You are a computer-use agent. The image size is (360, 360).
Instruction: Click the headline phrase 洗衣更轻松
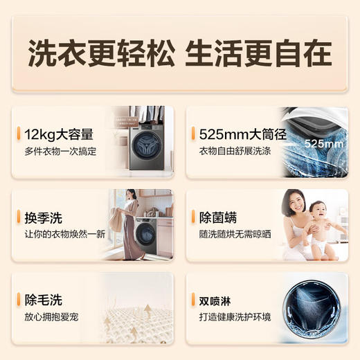click(99, 54)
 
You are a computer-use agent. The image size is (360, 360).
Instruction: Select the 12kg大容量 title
click(59, 134)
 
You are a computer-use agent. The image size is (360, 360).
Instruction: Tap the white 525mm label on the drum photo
click(324, 145)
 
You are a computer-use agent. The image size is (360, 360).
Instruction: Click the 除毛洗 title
click(44, 300)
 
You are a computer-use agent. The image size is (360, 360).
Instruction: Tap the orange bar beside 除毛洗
click(21, 300)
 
